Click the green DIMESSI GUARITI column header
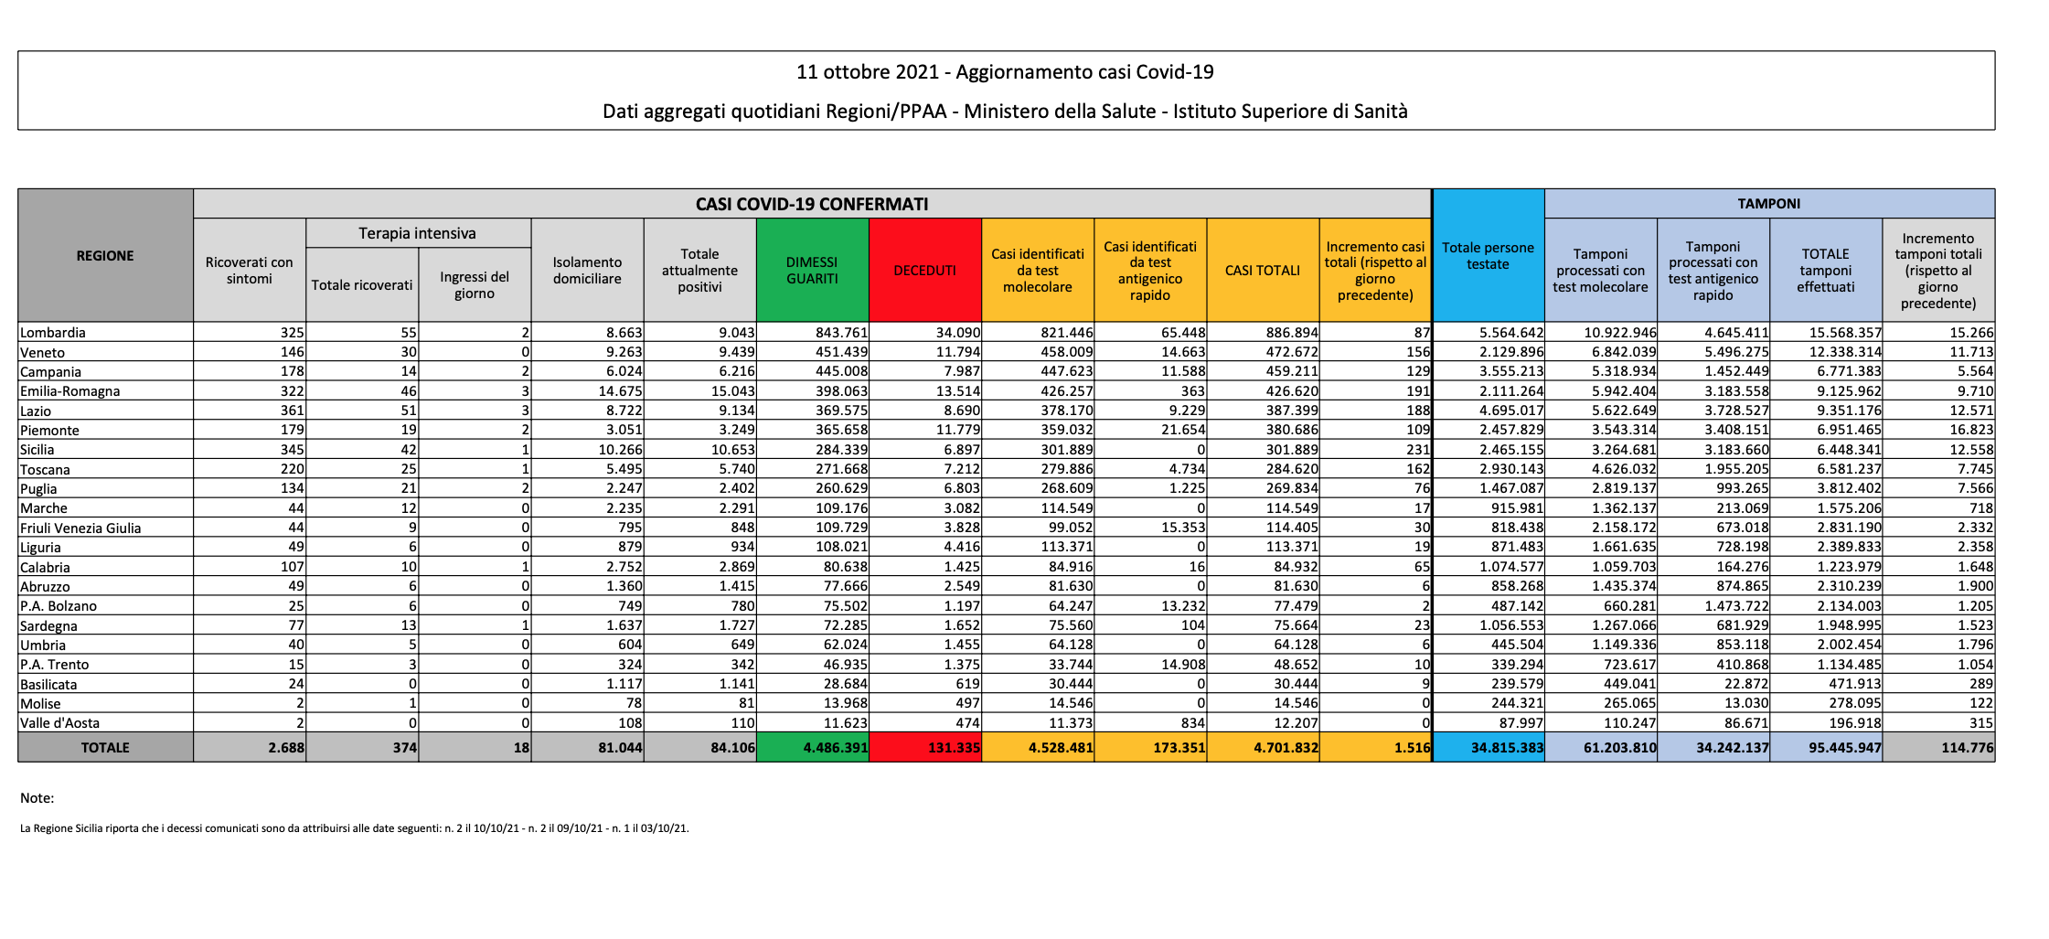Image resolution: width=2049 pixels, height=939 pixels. coord(812,270)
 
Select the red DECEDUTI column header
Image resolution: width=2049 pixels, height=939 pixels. coord(924,270)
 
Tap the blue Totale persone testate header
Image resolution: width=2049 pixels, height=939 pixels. coord(1488,255)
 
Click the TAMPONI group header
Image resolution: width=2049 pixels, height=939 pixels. coord(1768,203)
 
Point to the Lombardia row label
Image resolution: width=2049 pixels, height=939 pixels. coord(53,333)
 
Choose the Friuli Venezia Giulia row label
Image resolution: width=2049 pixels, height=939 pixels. coord(80,528)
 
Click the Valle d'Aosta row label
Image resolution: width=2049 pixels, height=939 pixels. coord(59,722)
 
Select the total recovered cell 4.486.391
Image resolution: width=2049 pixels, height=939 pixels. coord(836,747)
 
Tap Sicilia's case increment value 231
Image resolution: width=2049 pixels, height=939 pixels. coord(1418,449)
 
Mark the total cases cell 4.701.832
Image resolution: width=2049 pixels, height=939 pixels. coord(1286,747)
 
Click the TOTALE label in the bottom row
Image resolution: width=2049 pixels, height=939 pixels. coord(105,747)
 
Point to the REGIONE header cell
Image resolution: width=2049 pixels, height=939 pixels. coord(105,255)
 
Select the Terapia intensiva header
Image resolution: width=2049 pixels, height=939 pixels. coord(418,233)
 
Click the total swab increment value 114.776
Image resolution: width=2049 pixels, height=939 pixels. coord(1967,747)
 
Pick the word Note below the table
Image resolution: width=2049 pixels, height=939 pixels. coord(37,797)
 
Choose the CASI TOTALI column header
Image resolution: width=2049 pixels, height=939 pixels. coord(1263,270)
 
